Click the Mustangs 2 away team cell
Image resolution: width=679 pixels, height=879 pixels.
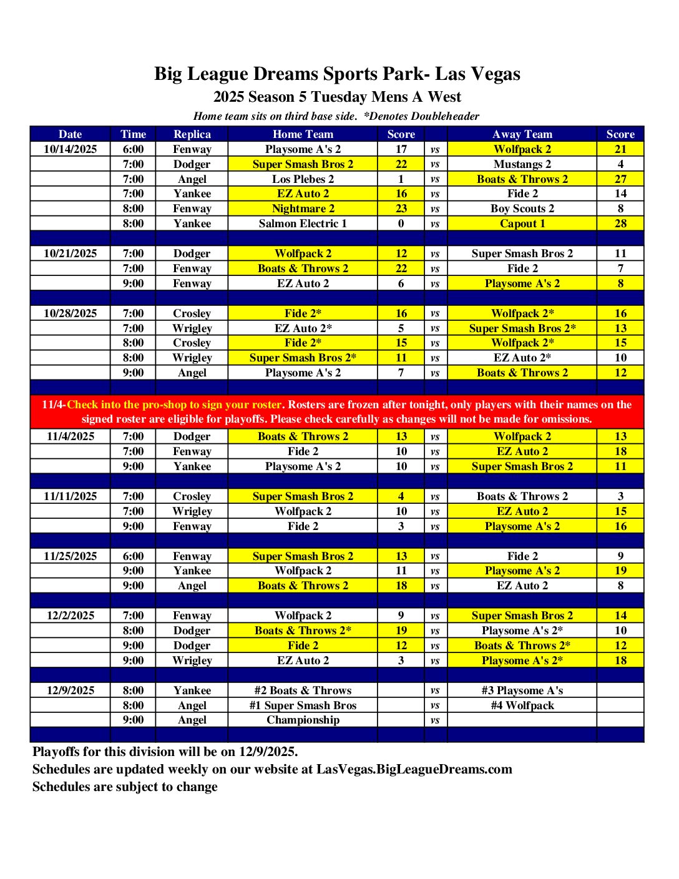[x=522, y=164]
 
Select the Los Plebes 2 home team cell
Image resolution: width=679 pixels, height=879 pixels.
[x=303, y=179]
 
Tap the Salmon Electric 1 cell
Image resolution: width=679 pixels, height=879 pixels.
[x=303, y=223]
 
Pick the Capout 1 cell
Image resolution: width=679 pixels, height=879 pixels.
[x=522, y=223]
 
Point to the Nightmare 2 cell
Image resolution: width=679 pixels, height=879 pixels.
[x=303, y=209]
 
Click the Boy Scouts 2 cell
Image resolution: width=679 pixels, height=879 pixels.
[x=522, y=209]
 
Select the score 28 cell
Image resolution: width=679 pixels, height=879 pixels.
[x=620, y=223]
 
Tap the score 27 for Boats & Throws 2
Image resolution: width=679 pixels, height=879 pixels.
[x=620, y=179]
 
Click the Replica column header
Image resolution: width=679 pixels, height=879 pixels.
[x=192, y=134]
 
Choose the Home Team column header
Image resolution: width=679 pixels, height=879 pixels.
[x=303, y=134]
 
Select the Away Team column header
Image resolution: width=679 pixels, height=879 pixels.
[x=522, y=134]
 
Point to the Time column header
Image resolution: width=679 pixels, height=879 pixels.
[x=133, y=134]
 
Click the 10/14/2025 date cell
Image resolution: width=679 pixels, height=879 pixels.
[x=70, y=149]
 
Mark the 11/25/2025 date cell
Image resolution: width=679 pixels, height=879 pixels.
[x=70, y=556]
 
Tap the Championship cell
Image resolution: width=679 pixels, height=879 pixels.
[x=303, y=720]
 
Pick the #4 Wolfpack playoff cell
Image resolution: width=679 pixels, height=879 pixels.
[x=522, y=705]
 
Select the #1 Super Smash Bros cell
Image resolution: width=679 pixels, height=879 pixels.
[x=303, y=705]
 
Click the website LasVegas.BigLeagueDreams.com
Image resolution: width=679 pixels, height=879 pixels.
[x=414, y=769]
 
